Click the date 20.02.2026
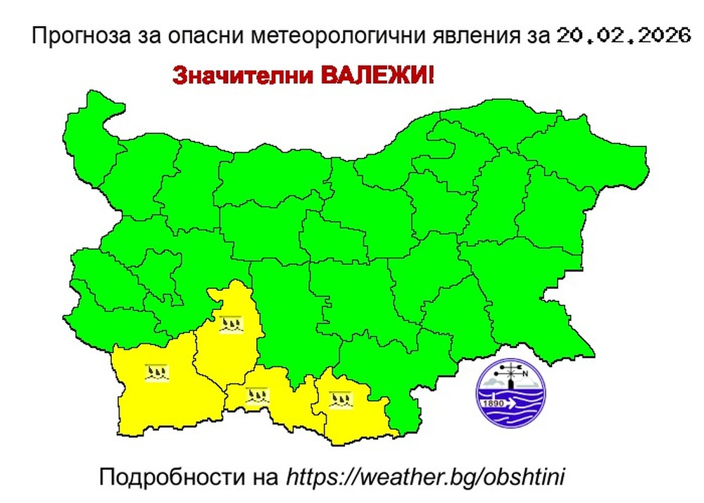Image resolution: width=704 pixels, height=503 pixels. pos(622,35)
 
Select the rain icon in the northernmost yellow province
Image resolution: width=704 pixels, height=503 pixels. pos(232,325)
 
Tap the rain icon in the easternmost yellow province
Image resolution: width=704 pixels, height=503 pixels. pos(341,399)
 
